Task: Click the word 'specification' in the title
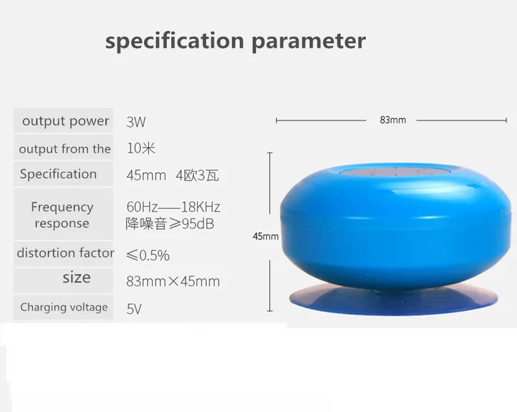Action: click(x=174, y=41)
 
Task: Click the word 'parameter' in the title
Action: click(x=309, y=42)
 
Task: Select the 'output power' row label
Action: click(x=66, y=121)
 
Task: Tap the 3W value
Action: click(x=136, y=122)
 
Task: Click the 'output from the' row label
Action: click(x=65, y=149)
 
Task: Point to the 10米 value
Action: click(x=141, y=148)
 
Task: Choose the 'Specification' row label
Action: click(x=58, y=174)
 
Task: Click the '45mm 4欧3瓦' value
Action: click(x=173, y=175)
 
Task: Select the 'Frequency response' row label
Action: click(x=62, y=215)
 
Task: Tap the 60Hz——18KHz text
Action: click(x=173, y=207)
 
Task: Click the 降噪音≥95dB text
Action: click(x=170, y=224)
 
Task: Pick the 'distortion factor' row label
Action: click(x=65, y=253)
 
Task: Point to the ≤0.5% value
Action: click(x=148, y=255)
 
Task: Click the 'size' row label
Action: click(x=76, y=277)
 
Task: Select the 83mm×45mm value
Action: click(x=173, y=281)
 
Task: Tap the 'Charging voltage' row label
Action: click(x=64, y=307)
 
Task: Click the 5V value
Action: click(x=134, y=309)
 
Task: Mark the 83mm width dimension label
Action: click(x=393, y=120)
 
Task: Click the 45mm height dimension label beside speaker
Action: click(x=266, y=236)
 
